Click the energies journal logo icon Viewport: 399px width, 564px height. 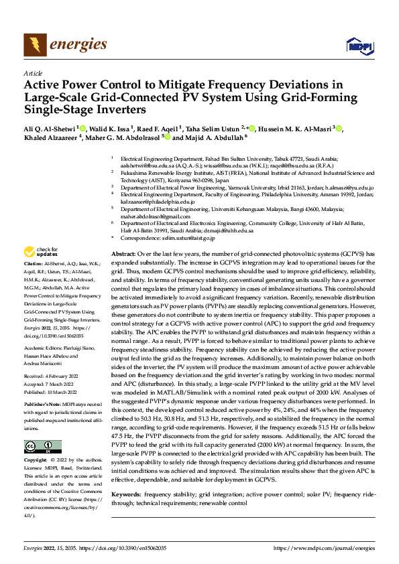pos(33,45)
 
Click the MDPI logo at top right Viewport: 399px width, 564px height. pos(357,46)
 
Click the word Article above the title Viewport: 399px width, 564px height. pos(32,73)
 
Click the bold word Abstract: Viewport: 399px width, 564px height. pos(123,255)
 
